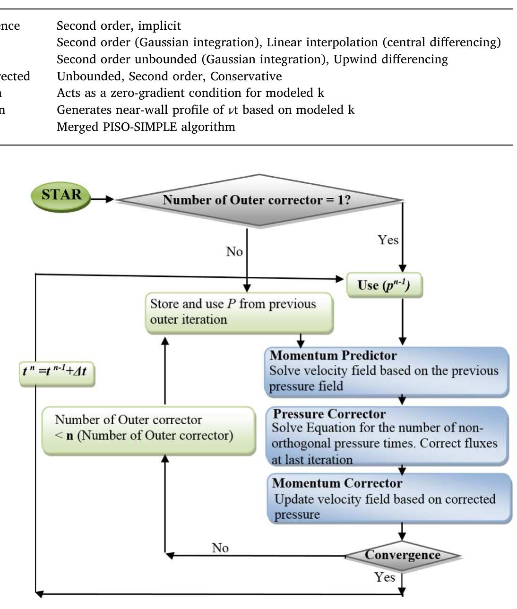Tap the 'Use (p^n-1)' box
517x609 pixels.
(x=384, y=285)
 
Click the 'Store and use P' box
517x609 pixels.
(x=239, y=312)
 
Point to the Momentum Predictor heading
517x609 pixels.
(x=333, y=355)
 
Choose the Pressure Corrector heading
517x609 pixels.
(x=329, y=414)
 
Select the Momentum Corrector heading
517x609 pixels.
(x=337, y=483)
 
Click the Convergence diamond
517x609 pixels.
(x=402, y=555)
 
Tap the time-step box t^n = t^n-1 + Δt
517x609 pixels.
(x=56, y=371)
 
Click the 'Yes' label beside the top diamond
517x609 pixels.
(x=388, y=240)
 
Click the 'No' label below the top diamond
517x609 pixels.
(x=234, y=251)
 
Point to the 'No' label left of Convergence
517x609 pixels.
(x=220, y=548)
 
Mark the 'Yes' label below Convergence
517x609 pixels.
(x=384, y=577)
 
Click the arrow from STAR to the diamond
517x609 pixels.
(x=102, y=199)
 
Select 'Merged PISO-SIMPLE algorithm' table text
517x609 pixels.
(x=146, y=127)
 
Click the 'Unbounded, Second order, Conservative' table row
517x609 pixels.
(x=169, y=76)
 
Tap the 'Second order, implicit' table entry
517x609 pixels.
(x=119, y=26)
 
